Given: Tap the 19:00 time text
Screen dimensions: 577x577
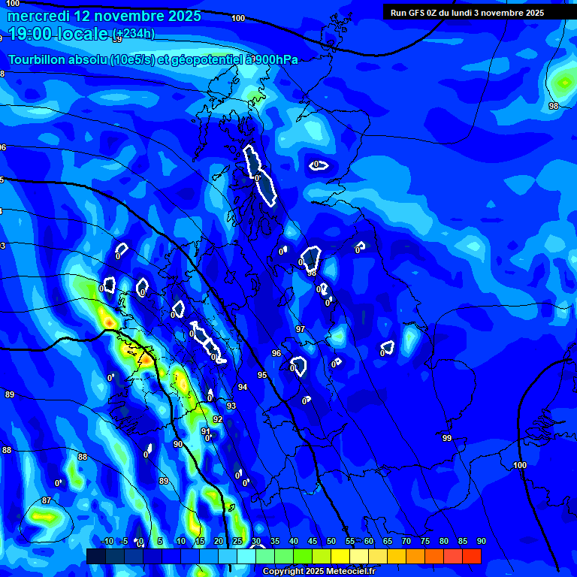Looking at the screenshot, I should (38, 34).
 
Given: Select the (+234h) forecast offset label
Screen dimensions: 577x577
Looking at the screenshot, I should (134, 34).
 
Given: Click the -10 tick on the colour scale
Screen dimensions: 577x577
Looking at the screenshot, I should (107, 542).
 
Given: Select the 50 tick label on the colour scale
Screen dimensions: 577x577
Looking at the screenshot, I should (331, 542).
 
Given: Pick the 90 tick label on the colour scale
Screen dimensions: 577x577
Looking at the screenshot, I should (481, 542).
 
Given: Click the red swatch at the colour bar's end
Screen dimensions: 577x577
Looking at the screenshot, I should (472, 556).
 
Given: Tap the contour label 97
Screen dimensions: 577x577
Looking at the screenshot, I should (301, 330).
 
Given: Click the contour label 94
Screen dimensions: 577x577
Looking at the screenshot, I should (243, 387).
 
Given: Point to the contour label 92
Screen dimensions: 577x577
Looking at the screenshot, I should (218, 419).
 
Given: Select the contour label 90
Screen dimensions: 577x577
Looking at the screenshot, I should (178, 444).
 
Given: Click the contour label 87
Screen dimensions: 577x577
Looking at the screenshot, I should (47, 500).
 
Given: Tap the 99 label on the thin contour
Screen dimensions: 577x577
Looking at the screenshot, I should (447, 438).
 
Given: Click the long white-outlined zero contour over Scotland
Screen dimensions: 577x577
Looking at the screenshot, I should (260, 174).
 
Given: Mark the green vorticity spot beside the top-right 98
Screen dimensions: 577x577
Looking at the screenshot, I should (562, 82).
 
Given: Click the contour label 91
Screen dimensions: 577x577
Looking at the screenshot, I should (206, 431).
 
